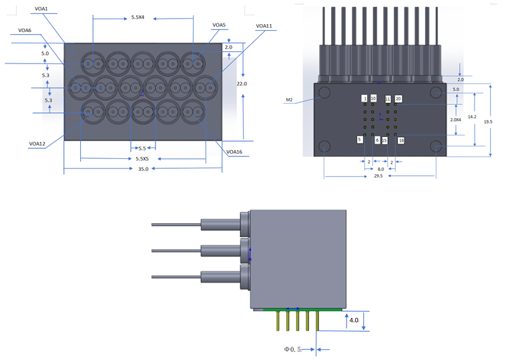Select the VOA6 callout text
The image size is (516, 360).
[x=25, y=30]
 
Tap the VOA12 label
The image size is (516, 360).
[x=37, y=144]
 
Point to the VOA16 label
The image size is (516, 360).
[x=234, y=152]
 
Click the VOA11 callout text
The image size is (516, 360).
[x=264, y=26]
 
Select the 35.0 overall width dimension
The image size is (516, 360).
[x=143, y=169]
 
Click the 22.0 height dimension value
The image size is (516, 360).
[x=242, y=84]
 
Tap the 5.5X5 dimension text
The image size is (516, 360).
[x=142, y=159]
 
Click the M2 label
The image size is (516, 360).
[x=289, y=100]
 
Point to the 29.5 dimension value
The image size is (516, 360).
[x=378, y=176]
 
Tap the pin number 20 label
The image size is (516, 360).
[x=399, y=99]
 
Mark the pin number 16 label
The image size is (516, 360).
[x=401, y=141]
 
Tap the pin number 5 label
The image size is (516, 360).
[x=360, y=140]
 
